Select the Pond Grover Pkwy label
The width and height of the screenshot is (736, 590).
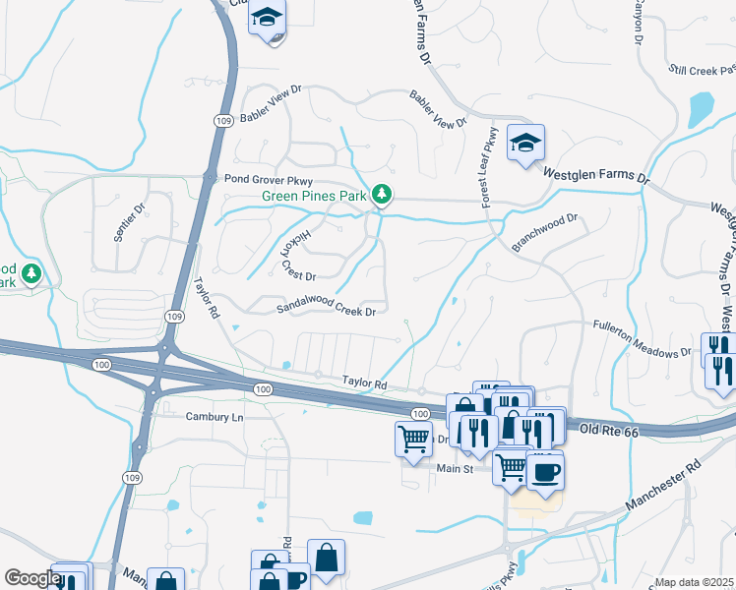pyautogui.click(x=267, y=180)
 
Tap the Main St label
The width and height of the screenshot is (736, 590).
pyautogui.click(x=456, y=469)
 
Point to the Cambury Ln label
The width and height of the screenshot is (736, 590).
pyautogui.click(x=214, y=417)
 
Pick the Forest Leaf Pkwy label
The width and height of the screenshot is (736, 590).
pyautogui.click(x=489, y=167)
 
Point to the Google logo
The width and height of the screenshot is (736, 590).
pyautogui.click(x=31, y=578)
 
